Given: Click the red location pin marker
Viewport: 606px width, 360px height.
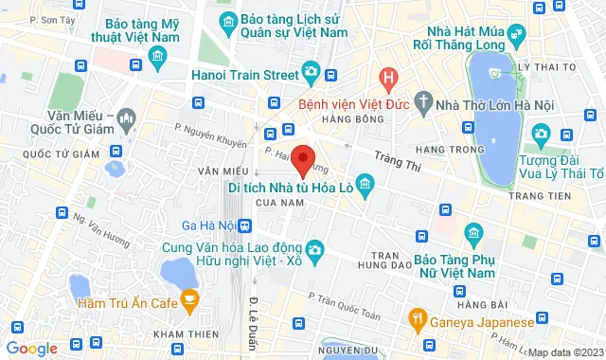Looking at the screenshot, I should pos(303,159).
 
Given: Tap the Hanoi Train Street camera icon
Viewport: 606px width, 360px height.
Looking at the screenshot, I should pos(310,72).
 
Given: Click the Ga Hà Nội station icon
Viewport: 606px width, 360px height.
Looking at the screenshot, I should pos(245,225).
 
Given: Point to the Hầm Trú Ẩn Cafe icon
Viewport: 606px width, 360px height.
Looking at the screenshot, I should pos(189,302).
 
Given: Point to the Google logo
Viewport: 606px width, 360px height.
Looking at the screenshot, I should pos(32,349).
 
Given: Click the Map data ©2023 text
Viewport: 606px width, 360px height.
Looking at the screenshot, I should pos(564,352).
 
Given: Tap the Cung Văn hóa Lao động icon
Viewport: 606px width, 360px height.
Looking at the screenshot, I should pos(316,249).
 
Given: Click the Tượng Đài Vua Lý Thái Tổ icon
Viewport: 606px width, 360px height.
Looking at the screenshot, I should pos(541,133).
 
